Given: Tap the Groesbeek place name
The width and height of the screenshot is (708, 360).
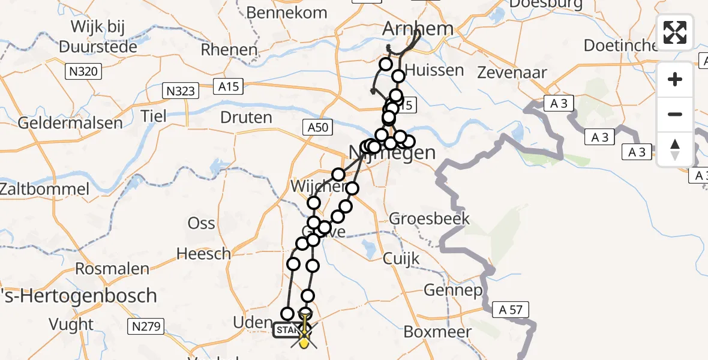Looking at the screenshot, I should [429, 218].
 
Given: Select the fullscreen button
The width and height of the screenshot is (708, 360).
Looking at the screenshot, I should [675, 32].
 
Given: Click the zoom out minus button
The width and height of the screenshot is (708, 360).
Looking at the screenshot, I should [675, 114].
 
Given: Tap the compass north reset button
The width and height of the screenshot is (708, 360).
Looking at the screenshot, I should [675, 148].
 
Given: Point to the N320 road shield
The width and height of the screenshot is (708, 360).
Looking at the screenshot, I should [83, 72].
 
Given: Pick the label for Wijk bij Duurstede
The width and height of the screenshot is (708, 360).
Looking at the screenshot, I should [97, 36].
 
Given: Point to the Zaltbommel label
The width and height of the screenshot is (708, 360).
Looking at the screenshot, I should [44, 189].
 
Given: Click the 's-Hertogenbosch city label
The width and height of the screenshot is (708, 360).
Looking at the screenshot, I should [78, 296].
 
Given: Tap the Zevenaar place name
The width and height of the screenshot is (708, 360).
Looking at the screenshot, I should [512, 73].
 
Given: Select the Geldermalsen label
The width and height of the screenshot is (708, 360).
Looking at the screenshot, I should [70, 123].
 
